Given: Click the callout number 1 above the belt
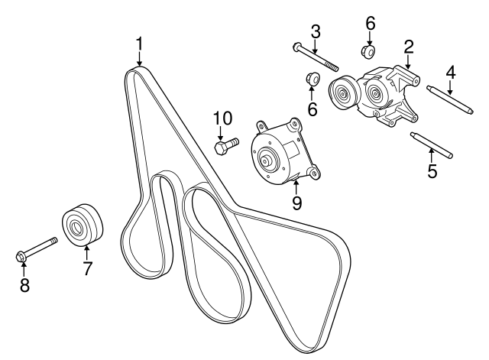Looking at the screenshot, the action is pyautogui.click(x=139, y=44).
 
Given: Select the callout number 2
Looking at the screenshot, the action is pyautogui.click(x=409, y=47).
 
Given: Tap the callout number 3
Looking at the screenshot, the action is pyautogui.click(x=316, y=31).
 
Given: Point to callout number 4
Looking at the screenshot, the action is pyautogui.click(x=450, y=73).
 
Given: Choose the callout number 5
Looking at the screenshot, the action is pyautogui.click(x=432, y=171).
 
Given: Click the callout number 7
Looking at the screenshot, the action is pyautogui.click(x=87, y=268).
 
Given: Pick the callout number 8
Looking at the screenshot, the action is pyautogui.click(x=24, y=285).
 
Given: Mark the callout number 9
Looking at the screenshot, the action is pyautogui.click(x=296, y=203).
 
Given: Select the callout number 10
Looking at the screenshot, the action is pyautogui.click(x=222, y=118).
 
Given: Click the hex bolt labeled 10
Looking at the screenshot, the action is pyautogui.click(x=227, y=146).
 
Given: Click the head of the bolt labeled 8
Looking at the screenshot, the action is pyautogui.click(x=21, y=257).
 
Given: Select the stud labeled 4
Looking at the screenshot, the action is pyautogui.click(x=450, y=100).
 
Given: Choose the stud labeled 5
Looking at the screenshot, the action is pyautogui.click(x=431, y=145).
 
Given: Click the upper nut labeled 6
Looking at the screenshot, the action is pyautogui.click(x=368, y=51).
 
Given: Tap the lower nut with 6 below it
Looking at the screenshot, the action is pyautogui.click(x=312, y=78).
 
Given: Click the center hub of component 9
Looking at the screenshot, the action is pyautogui.click(x=267, y=160).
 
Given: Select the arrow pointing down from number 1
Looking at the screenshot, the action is pyautogui.click(x=139, y=59).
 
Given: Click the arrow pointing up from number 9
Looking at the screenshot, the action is pyautogui.click(x=296, y=186).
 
